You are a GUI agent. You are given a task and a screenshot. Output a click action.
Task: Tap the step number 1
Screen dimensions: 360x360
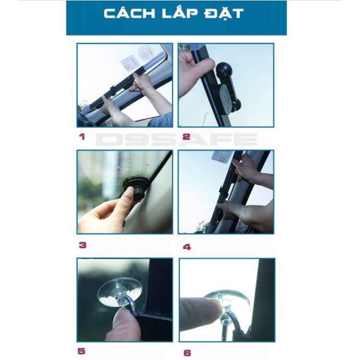pos(82,137)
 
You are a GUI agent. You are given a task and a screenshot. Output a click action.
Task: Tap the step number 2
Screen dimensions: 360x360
pos(186,137)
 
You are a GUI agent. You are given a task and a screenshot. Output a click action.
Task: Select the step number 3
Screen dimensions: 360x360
pos(82,245)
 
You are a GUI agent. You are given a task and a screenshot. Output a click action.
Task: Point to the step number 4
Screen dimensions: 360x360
pos(187,247)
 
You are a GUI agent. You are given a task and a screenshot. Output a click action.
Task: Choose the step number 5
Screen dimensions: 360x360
pos(81,351)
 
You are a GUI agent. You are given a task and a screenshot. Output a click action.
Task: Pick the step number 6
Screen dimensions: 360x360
pos(187,353)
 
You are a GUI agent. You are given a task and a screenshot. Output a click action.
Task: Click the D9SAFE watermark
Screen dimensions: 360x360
pos(176,139)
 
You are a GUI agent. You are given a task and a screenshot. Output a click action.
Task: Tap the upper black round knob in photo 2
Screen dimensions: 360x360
pos(224,69)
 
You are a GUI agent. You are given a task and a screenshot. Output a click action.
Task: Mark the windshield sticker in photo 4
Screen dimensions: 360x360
pos(222,156)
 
